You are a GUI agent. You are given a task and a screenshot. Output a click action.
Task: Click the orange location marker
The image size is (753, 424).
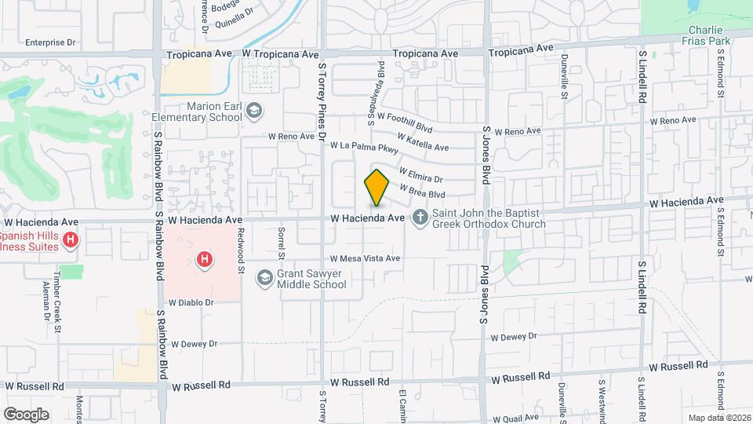376,187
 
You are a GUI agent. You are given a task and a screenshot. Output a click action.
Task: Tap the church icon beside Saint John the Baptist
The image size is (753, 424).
420,217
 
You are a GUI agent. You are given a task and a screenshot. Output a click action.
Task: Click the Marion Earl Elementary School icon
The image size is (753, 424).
253,111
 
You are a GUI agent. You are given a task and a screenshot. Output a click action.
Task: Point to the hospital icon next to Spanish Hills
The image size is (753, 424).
71,239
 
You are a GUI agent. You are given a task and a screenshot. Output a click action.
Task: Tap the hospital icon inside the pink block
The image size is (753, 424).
205,258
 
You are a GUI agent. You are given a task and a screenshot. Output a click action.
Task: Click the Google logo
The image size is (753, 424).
26,414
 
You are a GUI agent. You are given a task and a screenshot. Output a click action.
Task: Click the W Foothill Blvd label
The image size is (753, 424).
405,122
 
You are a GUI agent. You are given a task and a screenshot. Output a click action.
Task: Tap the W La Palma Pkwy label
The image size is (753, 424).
364,146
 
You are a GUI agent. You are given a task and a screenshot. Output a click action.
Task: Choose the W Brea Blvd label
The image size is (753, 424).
423,190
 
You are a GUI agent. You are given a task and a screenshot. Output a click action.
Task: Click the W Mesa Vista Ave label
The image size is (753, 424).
365,258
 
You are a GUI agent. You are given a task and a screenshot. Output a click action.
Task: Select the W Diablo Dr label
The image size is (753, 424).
191,302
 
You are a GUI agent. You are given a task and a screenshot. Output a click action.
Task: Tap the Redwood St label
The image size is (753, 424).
242,258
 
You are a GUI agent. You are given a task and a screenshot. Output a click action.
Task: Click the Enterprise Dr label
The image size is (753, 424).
50,42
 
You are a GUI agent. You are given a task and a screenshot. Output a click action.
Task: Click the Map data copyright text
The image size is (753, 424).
718,417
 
